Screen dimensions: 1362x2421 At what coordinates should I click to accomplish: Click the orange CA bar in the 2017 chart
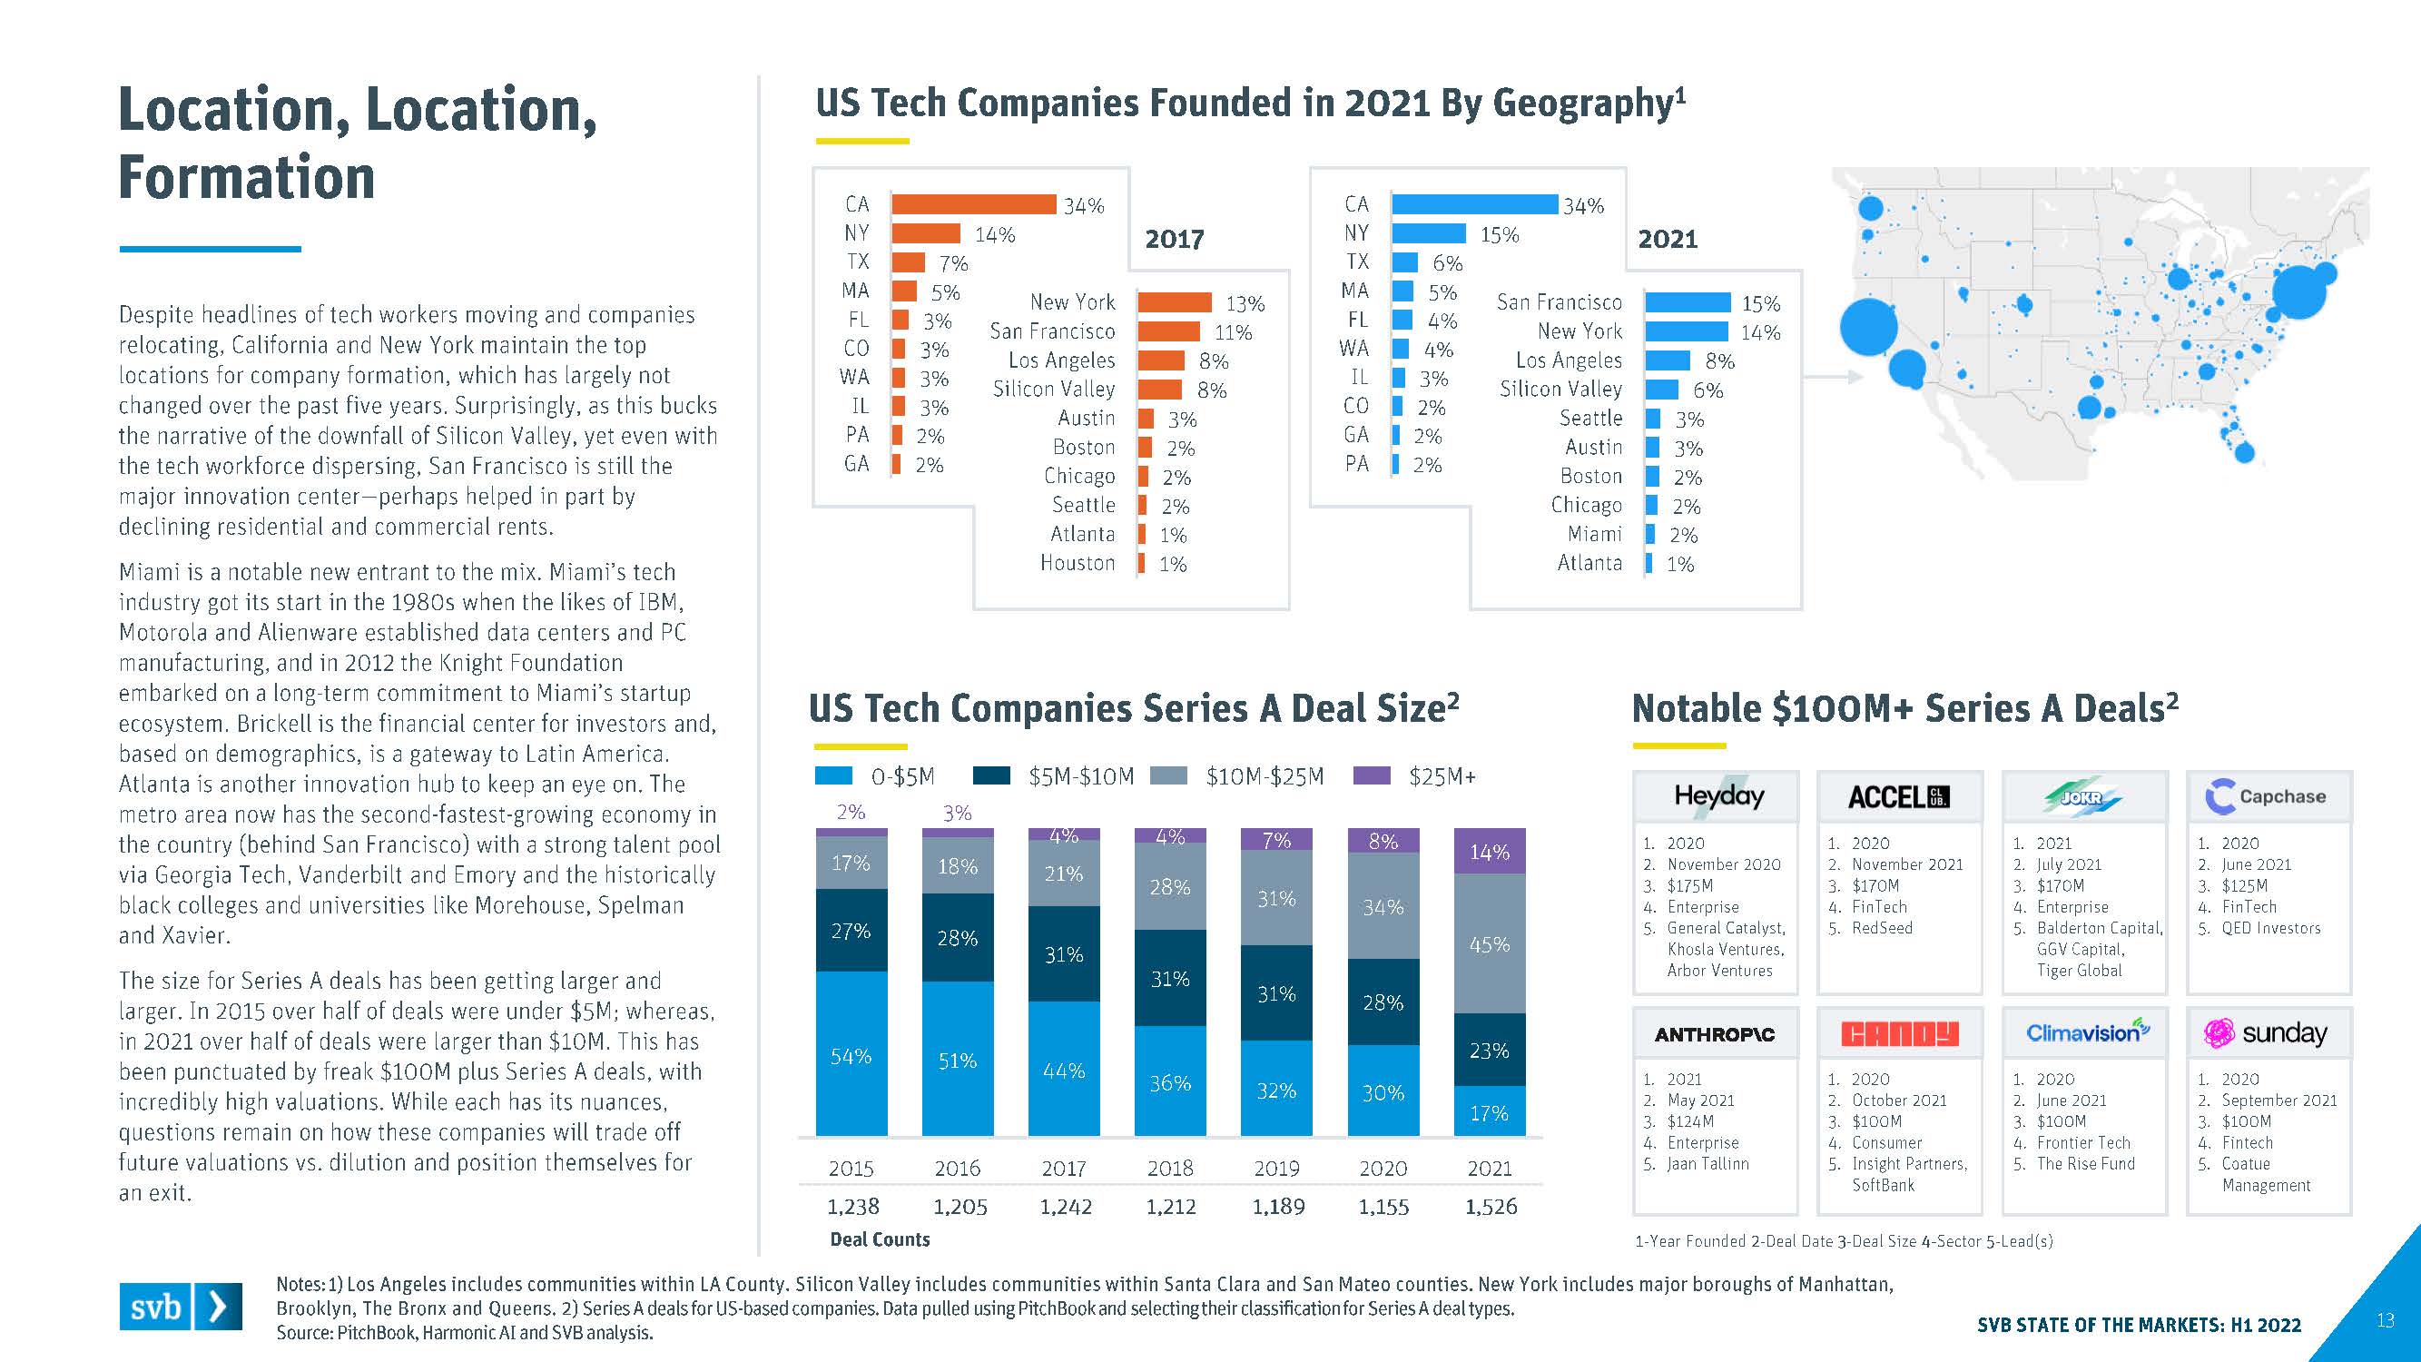[x=974, y=204]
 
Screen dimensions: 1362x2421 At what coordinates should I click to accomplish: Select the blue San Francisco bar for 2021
[x=1687, y=302]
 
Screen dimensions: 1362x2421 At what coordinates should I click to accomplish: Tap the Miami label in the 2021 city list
[x=1594, y=534]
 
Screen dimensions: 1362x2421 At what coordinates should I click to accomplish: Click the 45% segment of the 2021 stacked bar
[x=1490, y=943]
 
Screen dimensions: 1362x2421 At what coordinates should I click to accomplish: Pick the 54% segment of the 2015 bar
[x=851, y=1054]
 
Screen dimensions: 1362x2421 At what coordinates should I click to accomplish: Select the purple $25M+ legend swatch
[x=1372, y=775]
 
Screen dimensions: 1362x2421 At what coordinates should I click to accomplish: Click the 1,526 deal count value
[x=1491, y=1206]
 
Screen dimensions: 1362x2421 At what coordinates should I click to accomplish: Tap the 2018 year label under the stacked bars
[x=1170, y=1169]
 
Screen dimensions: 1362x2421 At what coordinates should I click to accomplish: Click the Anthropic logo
[x=1714, y=1034]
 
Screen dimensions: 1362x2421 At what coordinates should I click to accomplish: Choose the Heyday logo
[x=1718, y=796]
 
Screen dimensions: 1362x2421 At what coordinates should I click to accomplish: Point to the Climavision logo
[x=2086, y=1032]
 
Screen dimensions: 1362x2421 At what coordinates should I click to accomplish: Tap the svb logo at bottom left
[x=180, y=1306]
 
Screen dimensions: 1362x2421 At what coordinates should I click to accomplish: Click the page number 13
[x=2385, y=1320]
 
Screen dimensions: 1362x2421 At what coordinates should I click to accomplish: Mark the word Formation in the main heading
[x=246, y=178]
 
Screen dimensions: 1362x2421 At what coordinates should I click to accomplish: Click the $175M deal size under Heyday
[x=1690, y=885]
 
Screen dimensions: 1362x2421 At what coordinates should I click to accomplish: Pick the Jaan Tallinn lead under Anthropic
[x=1707, y=1164]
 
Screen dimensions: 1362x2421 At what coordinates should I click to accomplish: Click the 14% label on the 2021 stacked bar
[x=1490, y=852]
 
